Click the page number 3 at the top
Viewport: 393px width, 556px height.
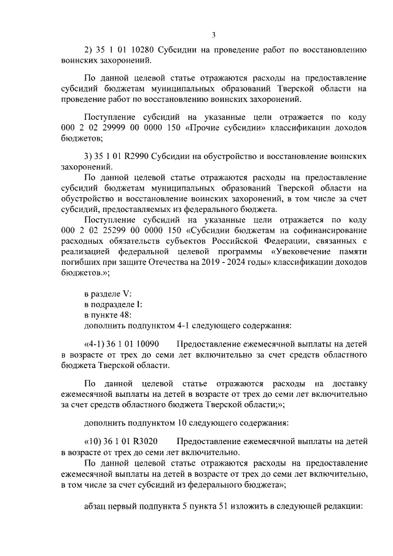pyautogui.click(x=213, y=34)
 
